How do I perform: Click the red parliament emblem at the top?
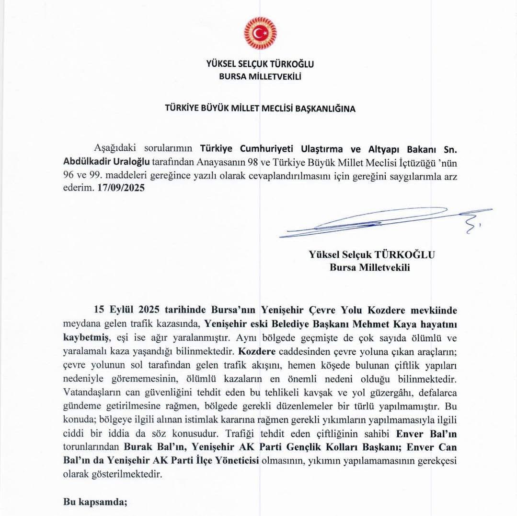coord(260,33)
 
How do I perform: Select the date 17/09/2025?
coord(120,188)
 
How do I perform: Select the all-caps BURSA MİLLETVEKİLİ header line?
coord(260,75)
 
